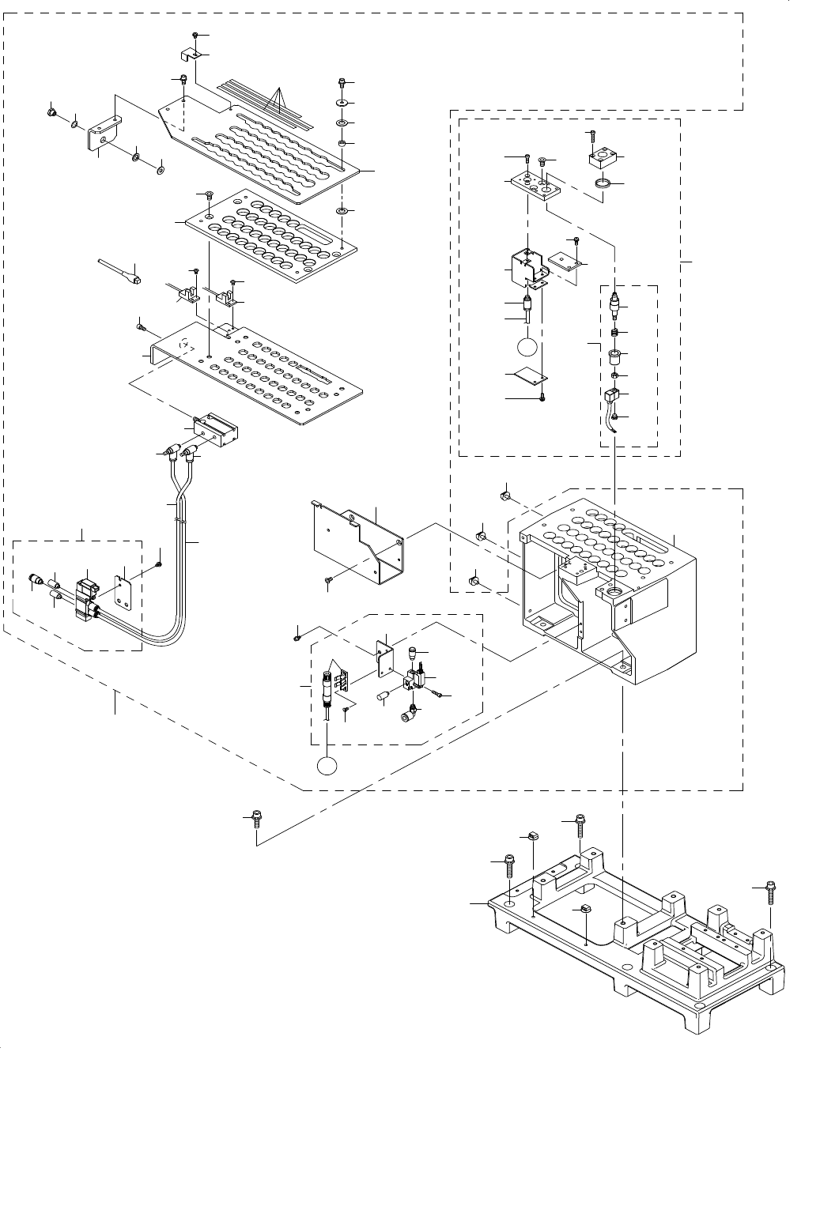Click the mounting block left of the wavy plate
(x=104, y=134)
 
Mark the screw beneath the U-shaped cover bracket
(x=328, y=582)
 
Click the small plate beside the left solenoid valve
(x=123, y=588)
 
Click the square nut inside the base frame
(x=587, y=910)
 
